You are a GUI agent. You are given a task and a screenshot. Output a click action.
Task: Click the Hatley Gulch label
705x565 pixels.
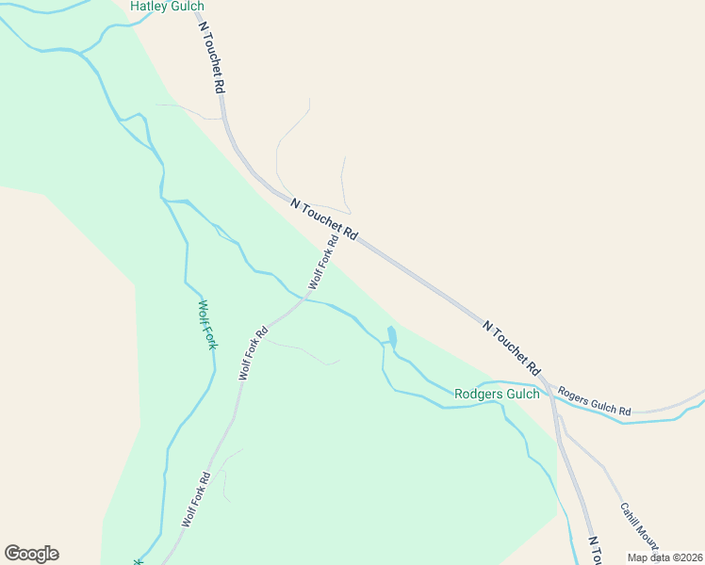pyautogui.click(x=167, y=7)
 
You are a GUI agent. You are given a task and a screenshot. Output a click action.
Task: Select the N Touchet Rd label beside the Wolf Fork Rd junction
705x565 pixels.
pyautogui.click(x=324, y=219)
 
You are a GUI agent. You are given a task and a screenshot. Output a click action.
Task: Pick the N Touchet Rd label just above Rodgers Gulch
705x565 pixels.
pyautogui.click(x=512, y=346)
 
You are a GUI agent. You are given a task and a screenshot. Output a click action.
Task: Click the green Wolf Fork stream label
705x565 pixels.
pyautogui.click(x=207, y=325)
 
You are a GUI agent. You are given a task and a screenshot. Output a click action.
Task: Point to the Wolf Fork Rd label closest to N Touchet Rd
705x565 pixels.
pyautogui.click(x=322, y=264)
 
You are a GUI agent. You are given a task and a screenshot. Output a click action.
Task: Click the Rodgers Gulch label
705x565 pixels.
pyautogui.click(x=497, y=394)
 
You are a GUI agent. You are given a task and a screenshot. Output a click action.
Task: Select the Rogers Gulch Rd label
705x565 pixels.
pyautogui.click(x=594, y=401)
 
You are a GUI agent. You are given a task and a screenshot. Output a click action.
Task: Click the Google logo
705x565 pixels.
pyautogui.click(x=31, y=554)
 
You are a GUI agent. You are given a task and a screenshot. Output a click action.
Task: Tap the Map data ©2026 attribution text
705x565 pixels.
pyautogui.click(x=664, y=557)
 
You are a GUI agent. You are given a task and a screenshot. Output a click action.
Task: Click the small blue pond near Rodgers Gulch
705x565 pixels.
pyautogui.click(x=391, y=335)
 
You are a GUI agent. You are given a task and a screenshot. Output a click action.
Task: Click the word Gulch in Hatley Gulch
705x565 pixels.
pyautogui.click(x=188, y=7)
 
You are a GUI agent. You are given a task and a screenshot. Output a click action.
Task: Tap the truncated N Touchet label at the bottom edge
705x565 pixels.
pyautogui.click(x=595, y=552)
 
